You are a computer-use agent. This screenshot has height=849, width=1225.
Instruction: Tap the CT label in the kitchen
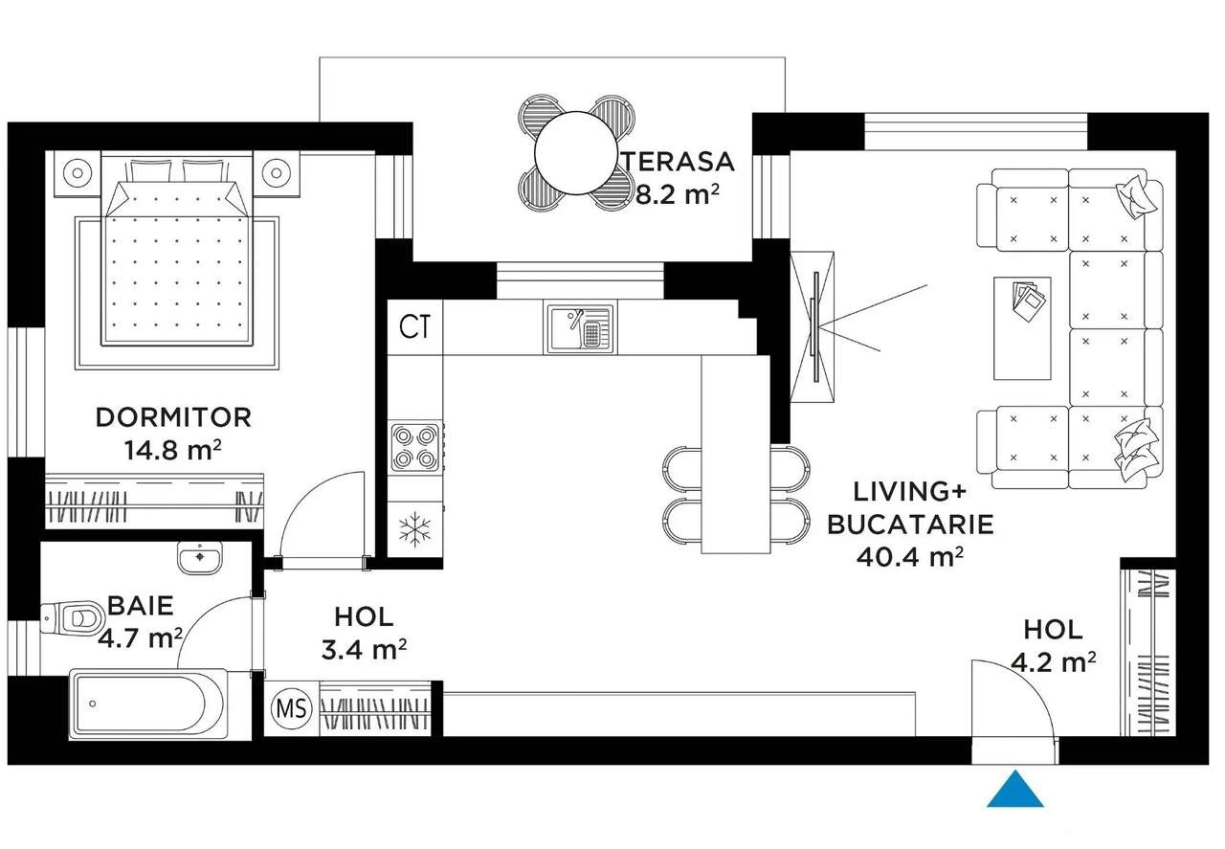coord(414,327)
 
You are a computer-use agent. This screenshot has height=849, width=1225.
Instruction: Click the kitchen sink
coord(580,327)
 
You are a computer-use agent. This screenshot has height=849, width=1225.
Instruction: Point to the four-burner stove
coord(414,446)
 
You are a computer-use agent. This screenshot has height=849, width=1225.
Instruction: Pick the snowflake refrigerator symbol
coord(414,529)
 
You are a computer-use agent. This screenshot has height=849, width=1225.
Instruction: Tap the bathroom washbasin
coord(200,556)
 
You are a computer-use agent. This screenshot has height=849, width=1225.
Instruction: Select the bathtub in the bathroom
coord(148,704)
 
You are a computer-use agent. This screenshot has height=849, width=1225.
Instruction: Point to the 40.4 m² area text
coord(909,556)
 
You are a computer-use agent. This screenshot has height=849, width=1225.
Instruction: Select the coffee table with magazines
coord(1022,327)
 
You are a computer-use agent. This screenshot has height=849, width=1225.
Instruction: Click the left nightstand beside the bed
coord(76,172)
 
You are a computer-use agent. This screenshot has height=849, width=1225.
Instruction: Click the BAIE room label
coord(140,605)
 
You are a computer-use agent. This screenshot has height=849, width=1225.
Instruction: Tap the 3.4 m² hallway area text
coord(364,650)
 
